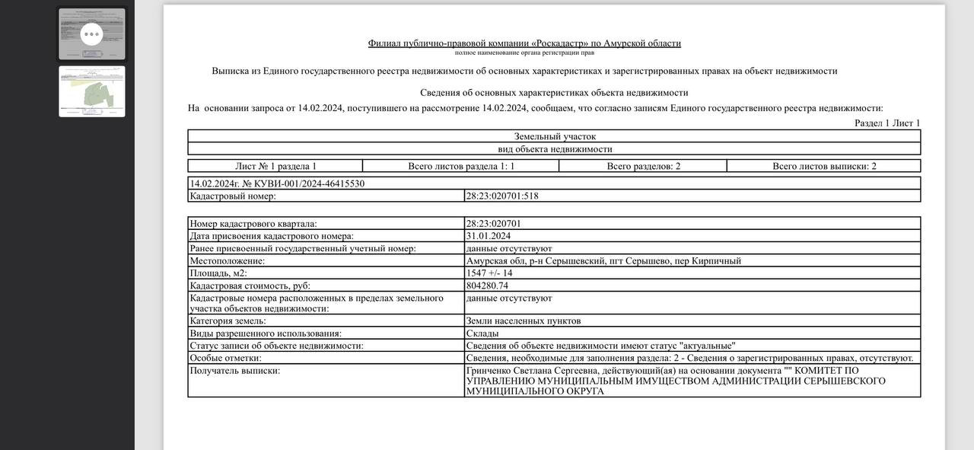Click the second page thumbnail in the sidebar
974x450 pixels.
coord(92,91)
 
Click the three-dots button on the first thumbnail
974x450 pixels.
coord(91,34)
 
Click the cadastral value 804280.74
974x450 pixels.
coord(487,286)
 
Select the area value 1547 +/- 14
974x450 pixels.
coord(489,273)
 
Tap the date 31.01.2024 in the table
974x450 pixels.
coord(489,236)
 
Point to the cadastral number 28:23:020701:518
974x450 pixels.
coord(502,196)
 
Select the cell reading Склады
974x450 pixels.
coord(482,334)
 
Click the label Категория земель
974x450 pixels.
coord(228,321)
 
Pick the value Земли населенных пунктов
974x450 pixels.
coord(524,321)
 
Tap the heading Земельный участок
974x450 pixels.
coord(555,136)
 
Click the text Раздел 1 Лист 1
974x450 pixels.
coord(887,123)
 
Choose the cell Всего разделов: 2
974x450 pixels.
coord(643,166)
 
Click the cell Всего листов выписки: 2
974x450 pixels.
coord(824,166)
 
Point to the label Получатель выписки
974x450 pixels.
coord(235,371)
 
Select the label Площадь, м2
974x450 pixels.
coord(218,273)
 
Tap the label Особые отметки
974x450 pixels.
coord(225,358)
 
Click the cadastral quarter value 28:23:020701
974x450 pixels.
coord(494,224)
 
